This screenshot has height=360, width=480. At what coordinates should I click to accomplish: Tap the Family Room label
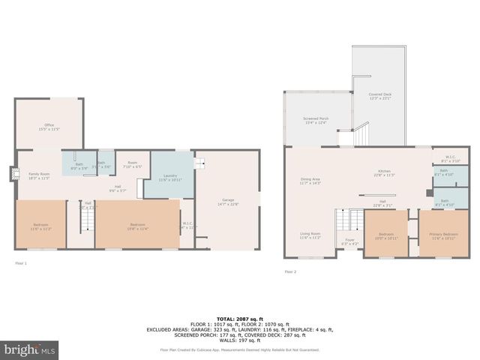(x=38, y=175)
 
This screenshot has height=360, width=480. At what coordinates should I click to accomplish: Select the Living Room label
(x=310, y=235)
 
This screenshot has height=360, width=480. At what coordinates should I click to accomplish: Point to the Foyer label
(x=350, y=241)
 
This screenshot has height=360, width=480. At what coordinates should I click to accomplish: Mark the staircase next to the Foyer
(x=348, y=220)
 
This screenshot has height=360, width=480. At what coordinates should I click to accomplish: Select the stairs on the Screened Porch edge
(x=363, y=136)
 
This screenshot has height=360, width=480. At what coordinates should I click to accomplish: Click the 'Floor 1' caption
(x=21, y=262)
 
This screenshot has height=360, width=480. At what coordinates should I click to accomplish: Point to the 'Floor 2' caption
(x=290, y=271)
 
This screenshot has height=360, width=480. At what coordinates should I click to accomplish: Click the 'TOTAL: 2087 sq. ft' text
(x=240, y=319)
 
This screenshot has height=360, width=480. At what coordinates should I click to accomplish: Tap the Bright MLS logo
(x=30, y=349)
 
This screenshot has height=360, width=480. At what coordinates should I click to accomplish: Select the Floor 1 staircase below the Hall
(x=87, y=219)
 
